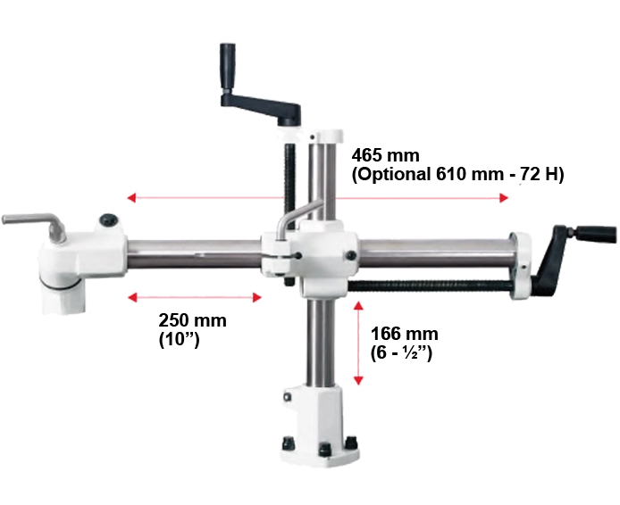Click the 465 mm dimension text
click(x=386, y=155)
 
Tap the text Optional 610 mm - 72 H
click(x=458, y=174)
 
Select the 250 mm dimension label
click(x=193, y=319)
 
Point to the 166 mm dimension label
click(x=404, y=334)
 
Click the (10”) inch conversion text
click(x=179, y=340)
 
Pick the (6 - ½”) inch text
click(x=401, y=352)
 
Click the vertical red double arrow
click(x=358, y=344)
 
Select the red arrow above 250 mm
click(x=194, y=297)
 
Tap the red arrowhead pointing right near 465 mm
click(x=503, y=198)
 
